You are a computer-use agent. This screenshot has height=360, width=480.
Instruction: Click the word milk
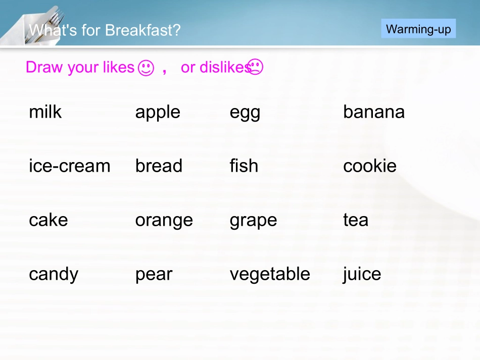pyautogui.click(x=45, y=112)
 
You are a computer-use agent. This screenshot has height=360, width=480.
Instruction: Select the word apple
pyautogui.click(x=158, y=112)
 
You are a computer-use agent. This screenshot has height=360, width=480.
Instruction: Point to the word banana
pyautogui.click(x=374, y=112)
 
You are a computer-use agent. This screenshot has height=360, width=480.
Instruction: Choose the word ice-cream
pyautogui.click(x=70, y=166)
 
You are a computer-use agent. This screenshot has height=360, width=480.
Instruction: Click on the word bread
pyautogui.click(x=159, y=166)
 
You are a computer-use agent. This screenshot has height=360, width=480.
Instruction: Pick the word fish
pyautogui.click(x=244, y=166)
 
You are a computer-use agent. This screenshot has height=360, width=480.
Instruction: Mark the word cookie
pyautogui.click(x=370, y=166)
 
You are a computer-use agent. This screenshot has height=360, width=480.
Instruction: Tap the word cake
pyautogui.click(x=49, y=220)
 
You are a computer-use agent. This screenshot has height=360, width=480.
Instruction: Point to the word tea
pyautogui.click(x=356, y=220)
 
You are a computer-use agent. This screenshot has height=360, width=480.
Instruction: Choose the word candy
pyautogui.click(x=54, y=274)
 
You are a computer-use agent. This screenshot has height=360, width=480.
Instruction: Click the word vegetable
pyautogui.click(x=270, y=274)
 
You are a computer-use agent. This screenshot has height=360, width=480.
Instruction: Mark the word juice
pyautogui.click(x=362, y=274)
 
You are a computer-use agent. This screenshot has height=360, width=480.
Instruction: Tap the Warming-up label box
pyautogui.click(x=418, y=29)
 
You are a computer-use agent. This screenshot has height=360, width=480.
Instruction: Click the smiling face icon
pyautogui.click(x=146, y=68)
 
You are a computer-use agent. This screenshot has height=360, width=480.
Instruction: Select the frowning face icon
pyautogui.click(x=256, y=67)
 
